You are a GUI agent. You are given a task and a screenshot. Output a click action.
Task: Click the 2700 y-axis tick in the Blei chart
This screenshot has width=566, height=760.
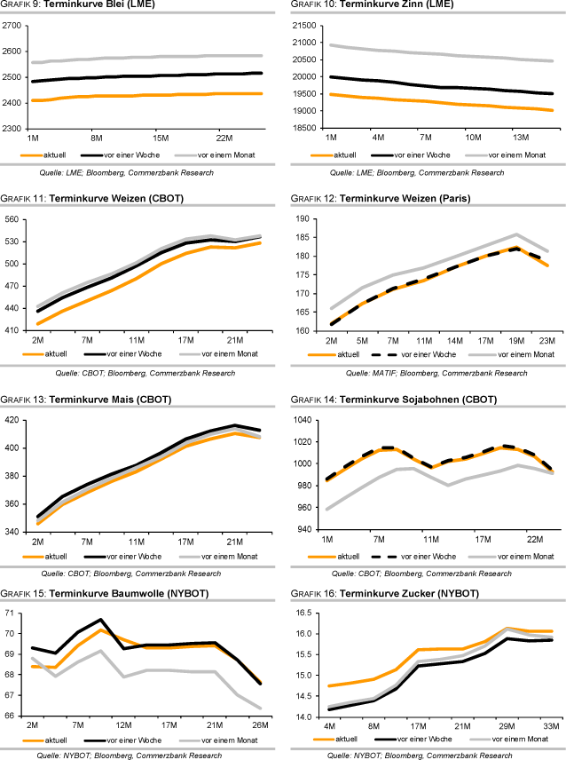coord(13,26)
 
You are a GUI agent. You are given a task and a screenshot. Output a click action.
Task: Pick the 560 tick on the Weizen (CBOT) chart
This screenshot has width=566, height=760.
coord(13,219)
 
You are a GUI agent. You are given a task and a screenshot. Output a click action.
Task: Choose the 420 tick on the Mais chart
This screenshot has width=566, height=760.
coord(13,420)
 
